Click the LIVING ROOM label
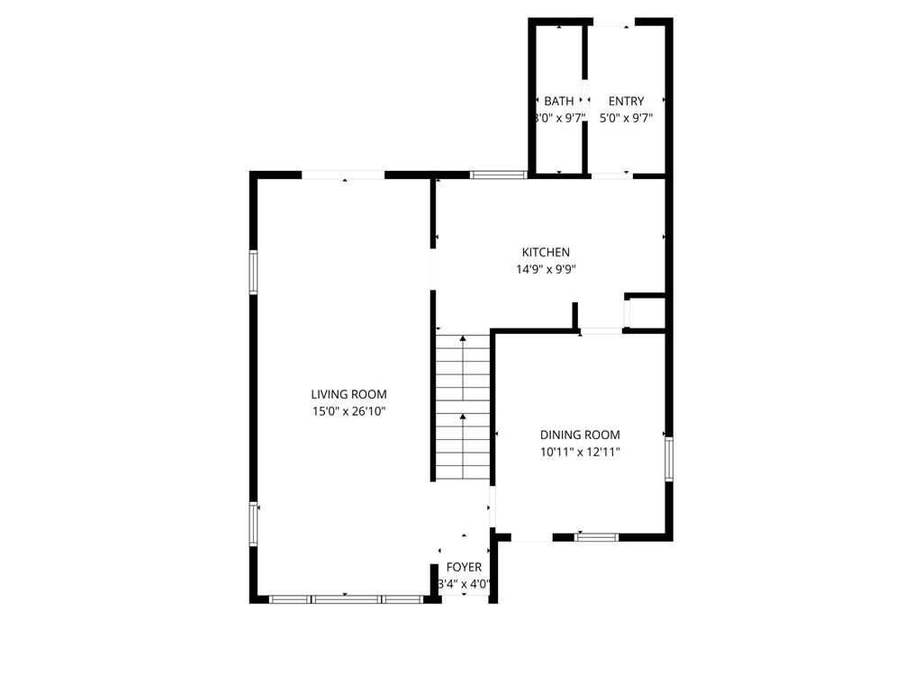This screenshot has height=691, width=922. point(348,394)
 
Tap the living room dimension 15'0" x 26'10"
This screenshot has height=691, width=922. point(348,411)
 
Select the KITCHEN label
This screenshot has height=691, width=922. point(546,253)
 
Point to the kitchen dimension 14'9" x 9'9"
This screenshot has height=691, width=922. point(546,269)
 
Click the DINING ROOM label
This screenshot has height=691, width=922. point(580,435)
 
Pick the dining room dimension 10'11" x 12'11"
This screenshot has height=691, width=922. point(580,453)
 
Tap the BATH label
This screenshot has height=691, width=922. point(558,102)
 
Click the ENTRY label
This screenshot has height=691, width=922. point(626,102)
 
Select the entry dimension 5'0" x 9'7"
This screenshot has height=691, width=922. point(626,118)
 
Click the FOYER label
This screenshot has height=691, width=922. point(464,568)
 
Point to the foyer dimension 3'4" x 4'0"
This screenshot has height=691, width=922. point(464,584)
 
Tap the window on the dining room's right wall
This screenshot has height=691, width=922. point(669,459)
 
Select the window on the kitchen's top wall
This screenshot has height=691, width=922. point(498,175)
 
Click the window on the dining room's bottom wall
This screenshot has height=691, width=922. point(596,537)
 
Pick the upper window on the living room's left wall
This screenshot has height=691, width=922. point(254,273)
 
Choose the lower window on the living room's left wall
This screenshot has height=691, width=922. point(254,524)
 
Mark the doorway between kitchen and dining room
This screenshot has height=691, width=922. point(601,331)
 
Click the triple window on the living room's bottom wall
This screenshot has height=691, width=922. point(346,598)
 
